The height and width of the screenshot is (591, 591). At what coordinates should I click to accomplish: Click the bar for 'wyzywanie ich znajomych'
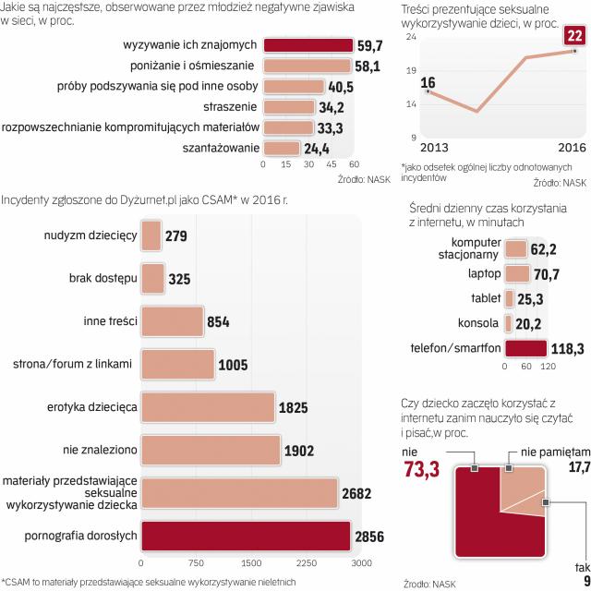click(x=308, y=45)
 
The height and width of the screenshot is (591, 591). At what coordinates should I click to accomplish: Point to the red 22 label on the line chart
click(x=573, y=36)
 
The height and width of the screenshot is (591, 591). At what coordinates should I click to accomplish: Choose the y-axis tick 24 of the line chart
click(x=411, y=36)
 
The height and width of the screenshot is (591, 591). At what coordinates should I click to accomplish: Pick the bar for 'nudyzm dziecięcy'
click(x=151, y=235)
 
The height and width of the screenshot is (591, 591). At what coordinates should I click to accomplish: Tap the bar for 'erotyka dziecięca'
click(x=208, y=405)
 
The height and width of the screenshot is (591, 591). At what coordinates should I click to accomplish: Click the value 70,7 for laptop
click(x=549, y=274)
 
